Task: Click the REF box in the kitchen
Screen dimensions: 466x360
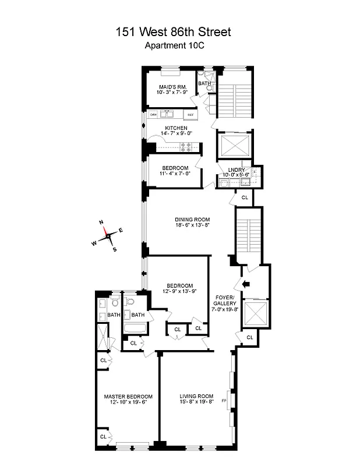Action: pos(189,115)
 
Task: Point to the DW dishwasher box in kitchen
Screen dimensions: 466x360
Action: pos(154,115)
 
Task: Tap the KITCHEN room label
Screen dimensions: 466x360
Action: pos(175,128)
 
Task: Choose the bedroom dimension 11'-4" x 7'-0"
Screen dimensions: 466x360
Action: pos(175,173)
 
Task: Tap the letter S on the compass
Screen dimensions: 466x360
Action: pos(114,249)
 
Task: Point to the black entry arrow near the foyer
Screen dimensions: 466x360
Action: pos(245,284)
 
